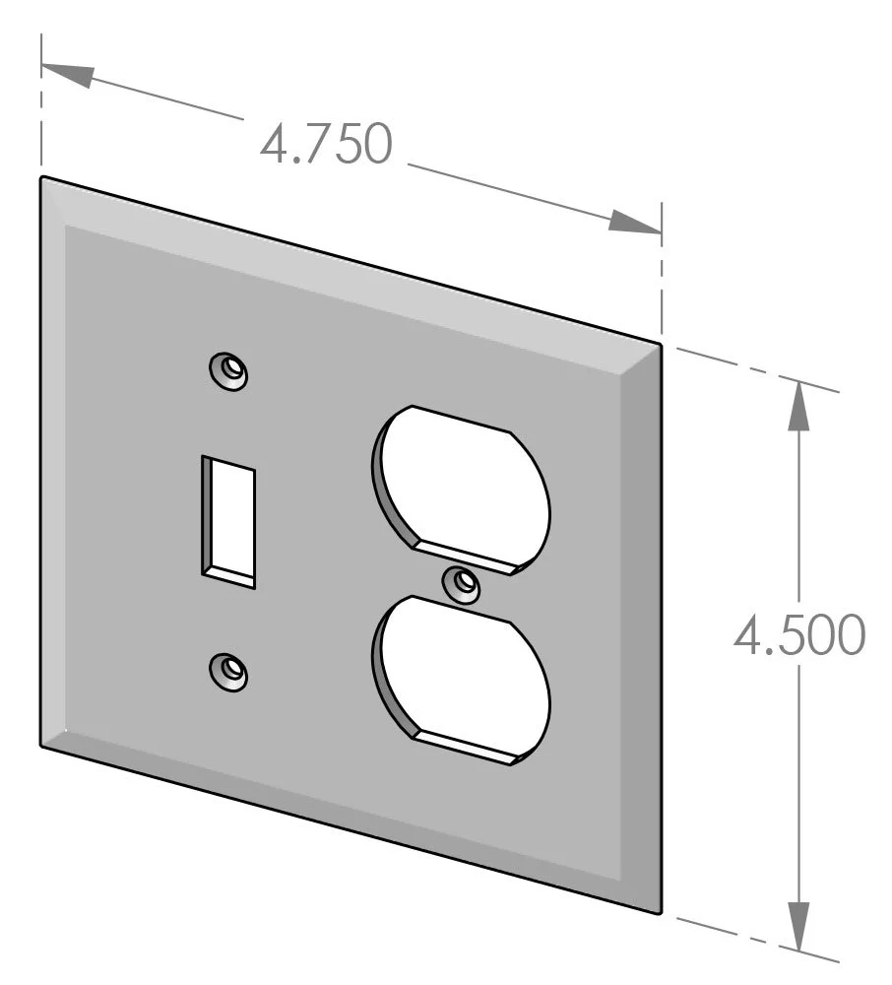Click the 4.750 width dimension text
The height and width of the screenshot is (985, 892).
pos(326,145)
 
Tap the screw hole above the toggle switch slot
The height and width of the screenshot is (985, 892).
pos(229,370)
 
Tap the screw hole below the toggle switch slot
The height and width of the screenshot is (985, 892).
pos(229,671)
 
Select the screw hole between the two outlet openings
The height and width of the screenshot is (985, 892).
pos(462,585)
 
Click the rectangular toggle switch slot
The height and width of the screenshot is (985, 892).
pos(228,521)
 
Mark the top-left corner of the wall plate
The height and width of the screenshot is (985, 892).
pos(42,178)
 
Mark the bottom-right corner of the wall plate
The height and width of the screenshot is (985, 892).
pos(660,912)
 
